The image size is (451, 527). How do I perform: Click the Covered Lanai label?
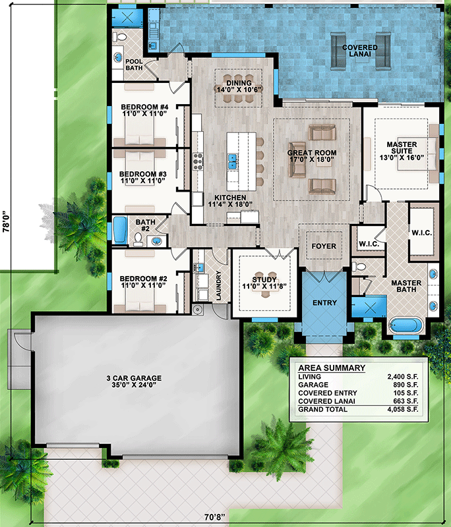point(360,51)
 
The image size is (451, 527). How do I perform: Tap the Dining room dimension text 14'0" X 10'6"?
point(239,90)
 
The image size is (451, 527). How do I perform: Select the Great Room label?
point(312,153)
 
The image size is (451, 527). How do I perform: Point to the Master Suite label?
point(402,148)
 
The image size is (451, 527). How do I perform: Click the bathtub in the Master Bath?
point(406,325)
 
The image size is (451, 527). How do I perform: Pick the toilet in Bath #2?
point(138,239)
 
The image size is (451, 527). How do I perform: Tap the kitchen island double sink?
point(232,161)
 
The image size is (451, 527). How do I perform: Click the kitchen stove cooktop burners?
point(198,161)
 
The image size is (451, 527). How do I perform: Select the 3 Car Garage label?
point(134,378)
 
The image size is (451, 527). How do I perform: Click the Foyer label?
point(324,246)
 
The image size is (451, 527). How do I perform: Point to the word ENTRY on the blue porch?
point(324,303)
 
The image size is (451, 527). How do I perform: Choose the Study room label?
point(264,279)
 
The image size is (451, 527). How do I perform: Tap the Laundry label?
point(219,285)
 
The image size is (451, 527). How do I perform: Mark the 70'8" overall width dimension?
point(214,517)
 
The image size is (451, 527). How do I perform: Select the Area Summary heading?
point(332,368)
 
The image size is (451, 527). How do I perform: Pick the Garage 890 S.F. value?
point(406,385)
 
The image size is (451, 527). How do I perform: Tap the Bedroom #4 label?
point(144,107)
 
